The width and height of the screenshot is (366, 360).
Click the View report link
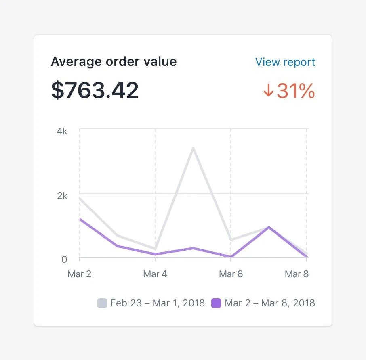(x=285, y=62)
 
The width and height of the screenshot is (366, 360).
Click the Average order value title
(x=114, y=62)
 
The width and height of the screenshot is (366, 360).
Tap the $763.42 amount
(x=95, y=90)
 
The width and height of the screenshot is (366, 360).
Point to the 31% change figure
(x=296, y=91)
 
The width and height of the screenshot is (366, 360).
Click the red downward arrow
(x=268, y=91)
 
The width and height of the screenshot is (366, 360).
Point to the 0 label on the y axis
(x=64, y=259)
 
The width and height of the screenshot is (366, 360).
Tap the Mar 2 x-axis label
(x=79, y=274)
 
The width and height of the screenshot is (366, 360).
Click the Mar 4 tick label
(x=155, y=274)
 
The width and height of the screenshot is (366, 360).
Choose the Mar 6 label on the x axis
(x=231, y=274)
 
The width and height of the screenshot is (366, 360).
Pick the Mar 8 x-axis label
(x=297, y=274)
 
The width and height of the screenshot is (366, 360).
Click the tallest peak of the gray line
(x=193, y=148)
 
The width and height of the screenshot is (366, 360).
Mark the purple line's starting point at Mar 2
(x=80, y=219)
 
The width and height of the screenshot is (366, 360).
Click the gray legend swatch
(x=102, y=303)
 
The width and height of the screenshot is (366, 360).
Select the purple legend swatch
(x=217, y=303)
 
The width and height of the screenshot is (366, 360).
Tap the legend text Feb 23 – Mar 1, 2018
(x=158, y=303)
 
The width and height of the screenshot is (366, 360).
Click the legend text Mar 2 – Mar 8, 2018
(x=270, y=303)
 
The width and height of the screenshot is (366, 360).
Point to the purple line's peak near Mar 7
(x=269, y=227)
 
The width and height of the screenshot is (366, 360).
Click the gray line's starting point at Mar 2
(x=80, y=198)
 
